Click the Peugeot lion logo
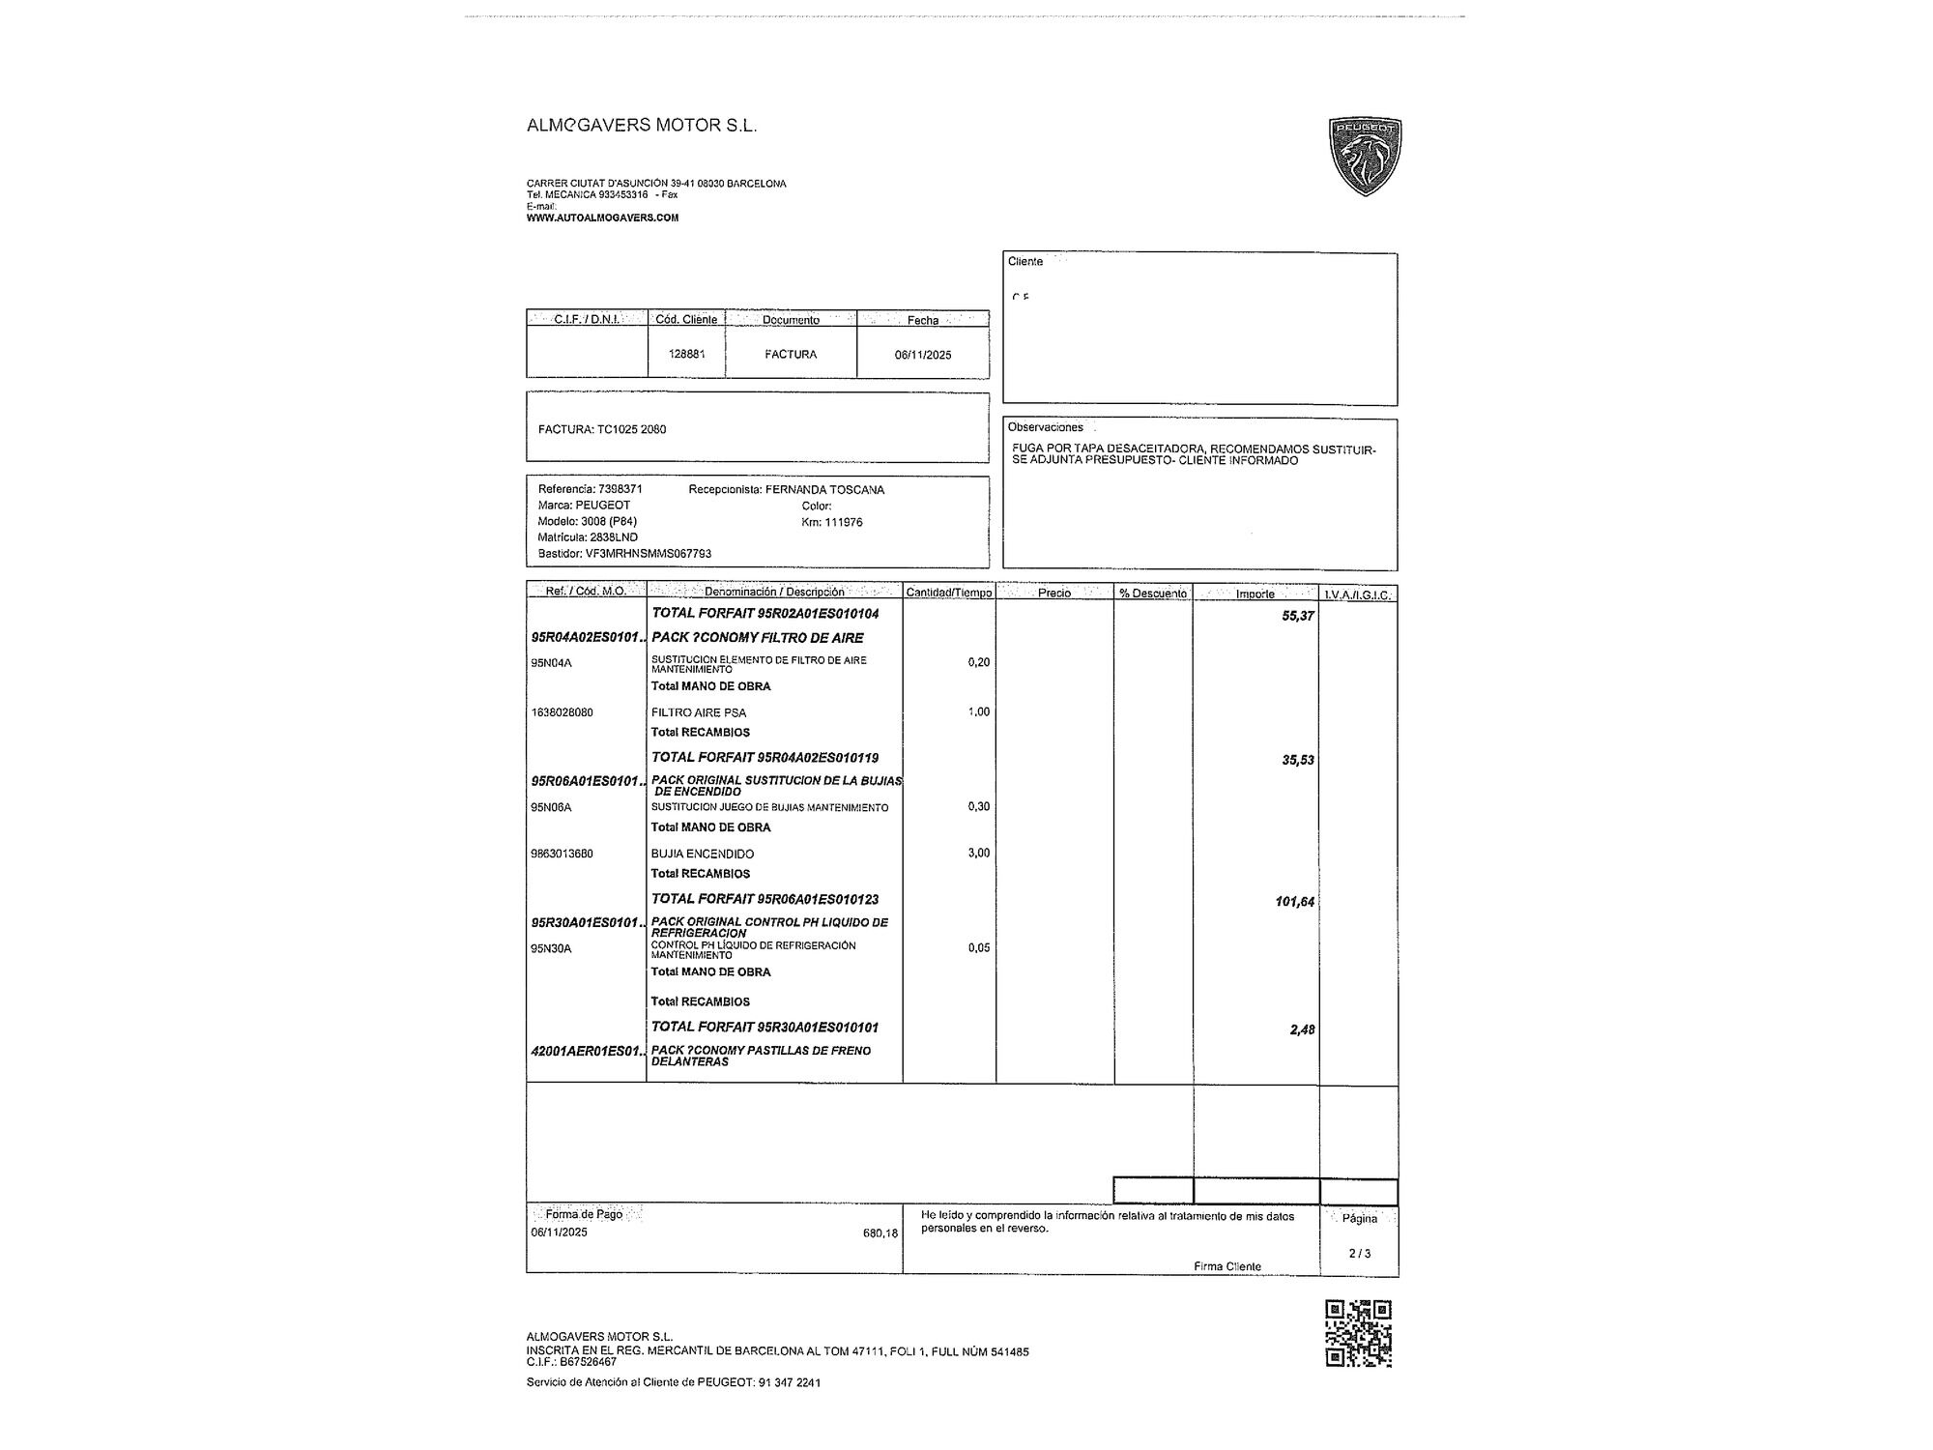click(1365, 157)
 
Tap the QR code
click(1358, 1334)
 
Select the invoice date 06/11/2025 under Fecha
click(923, 355)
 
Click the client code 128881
click(686, 354)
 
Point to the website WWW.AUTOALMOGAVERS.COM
click(602, 217)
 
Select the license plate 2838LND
click(613, 537)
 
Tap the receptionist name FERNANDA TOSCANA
click(824, 490)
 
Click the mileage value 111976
click(843, 522)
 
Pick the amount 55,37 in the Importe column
click(1297, 616)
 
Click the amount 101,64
click(1294, 902)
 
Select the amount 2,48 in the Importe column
click(1301, 1029)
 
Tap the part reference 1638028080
click(562, 712)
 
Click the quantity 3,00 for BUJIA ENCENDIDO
click(978, 853)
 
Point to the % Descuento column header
click(1153, 594)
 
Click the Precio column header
click(1053, 594)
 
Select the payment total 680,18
click(880, 1233)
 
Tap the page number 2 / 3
click(1359, 1253)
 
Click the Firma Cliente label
click(1226, 1266)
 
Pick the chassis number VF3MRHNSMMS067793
click(648, 554)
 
